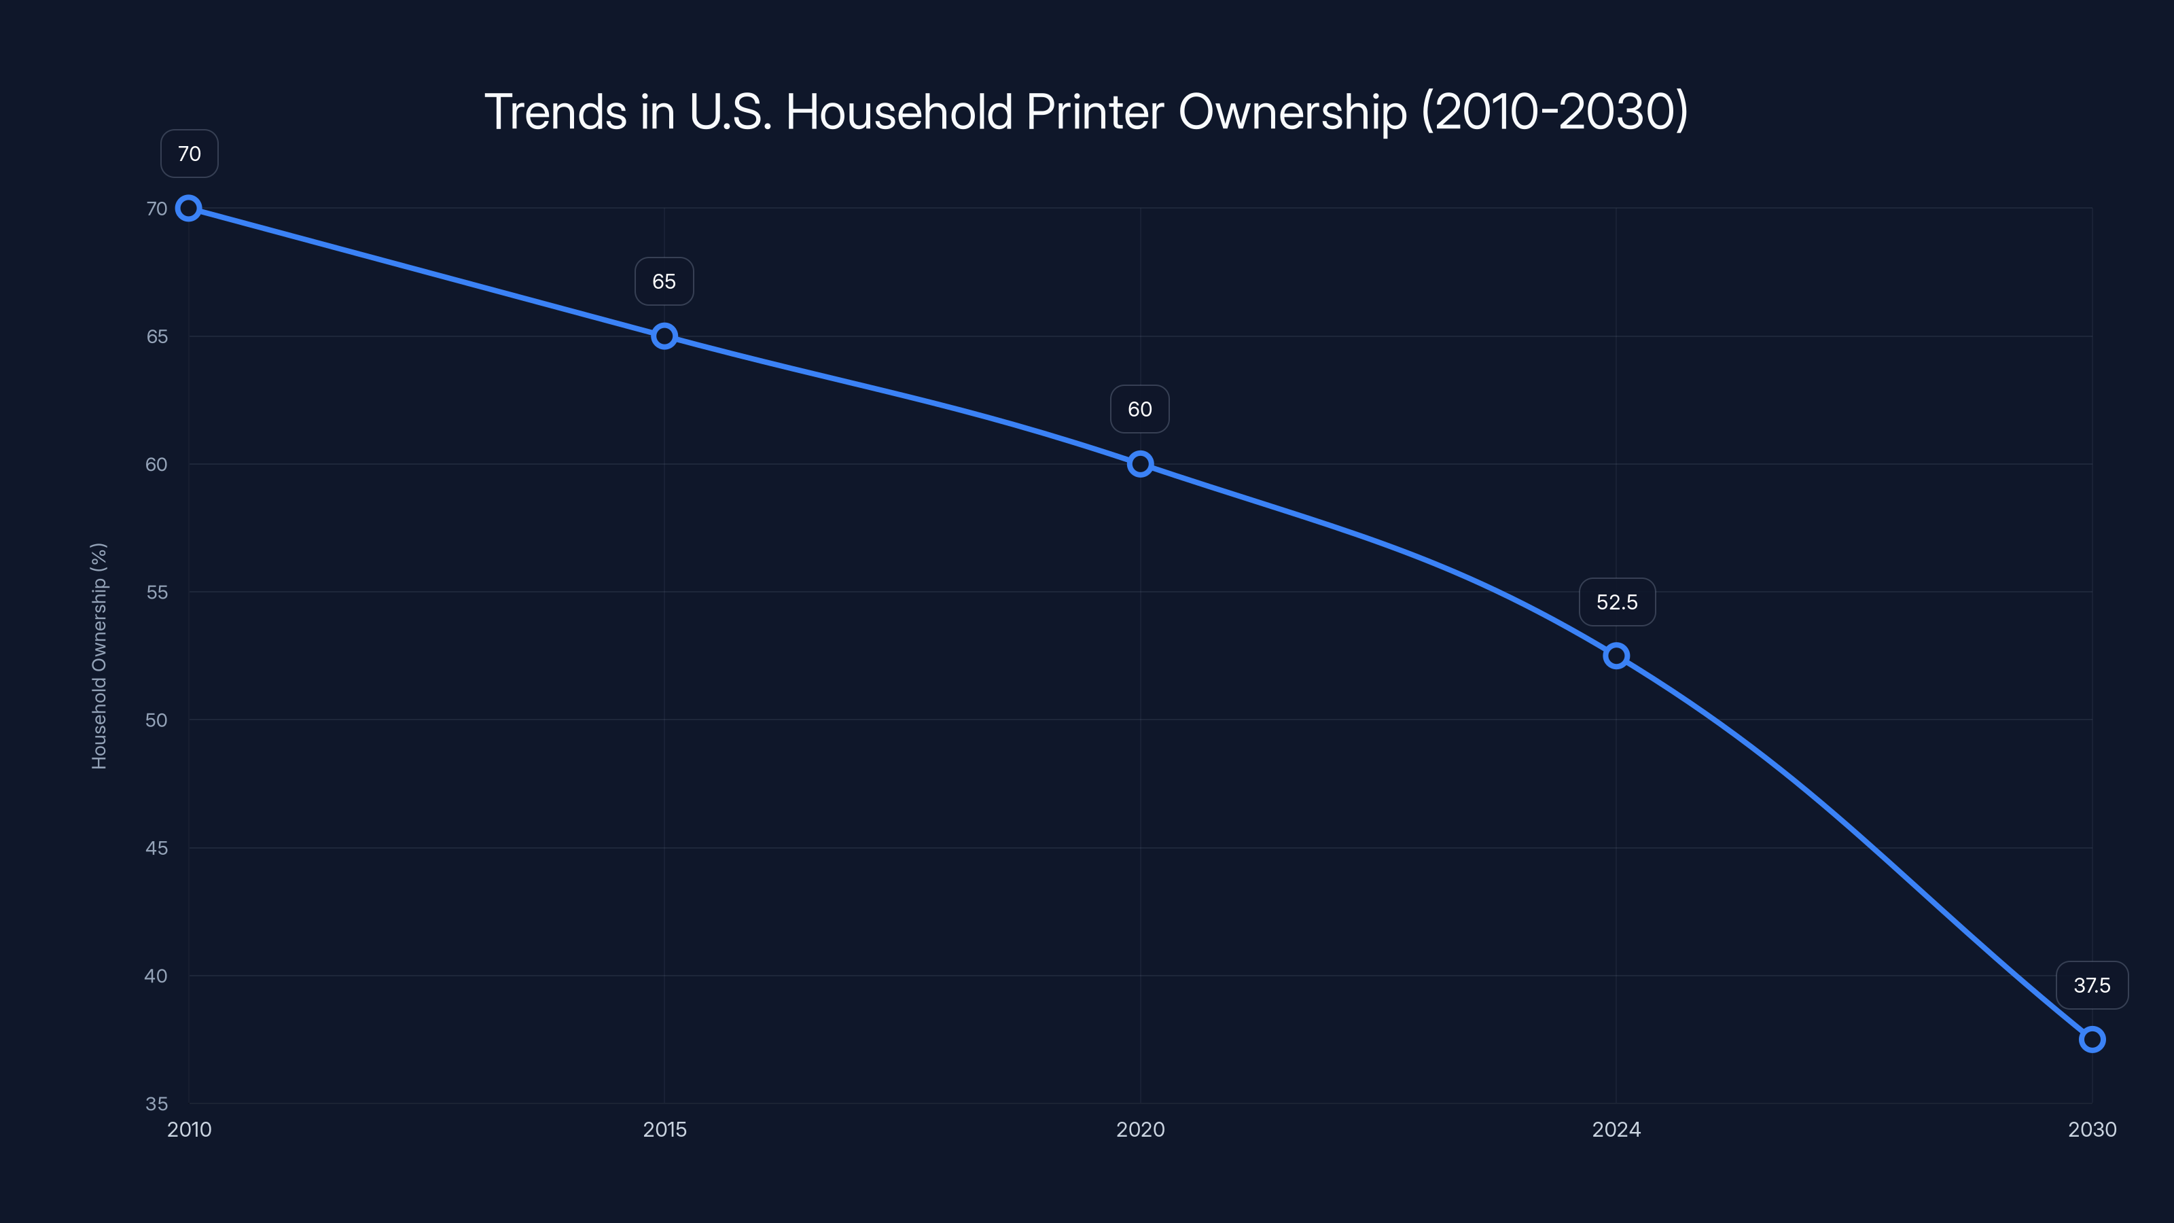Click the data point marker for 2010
[x=189, y=209]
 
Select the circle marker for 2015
[x=664, y=336]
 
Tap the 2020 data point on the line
[x=1140, y=463]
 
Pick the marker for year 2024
[x=1616, y=656]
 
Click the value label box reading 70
[x=189, y=154]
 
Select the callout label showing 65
[x=664, y=281]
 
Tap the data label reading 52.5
[x=1617, y=602]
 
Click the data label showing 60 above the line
[x=1140, y=409]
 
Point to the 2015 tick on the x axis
[x=664, y=1129]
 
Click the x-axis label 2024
[x=1616, y=1129]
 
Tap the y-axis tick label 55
[x=157, y=592]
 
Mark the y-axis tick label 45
[x=157, y=847]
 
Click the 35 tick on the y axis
[x=157, y=1103]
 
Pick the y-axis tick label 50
[x=157, y=720]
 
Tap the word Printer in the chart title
[x=1094, y=111]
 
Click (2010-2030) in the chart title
[x=1554, y=111]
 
